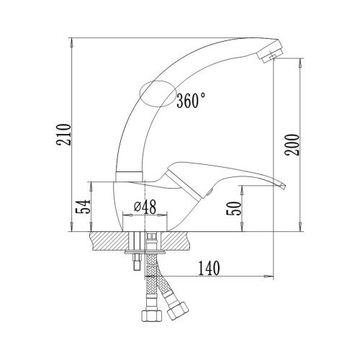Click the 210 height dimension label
(64, 135)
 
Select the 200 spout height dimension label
(292, 145)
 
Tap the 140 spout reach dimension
(209, 268)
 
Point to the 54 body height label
(83, 206)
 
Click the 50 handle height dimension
(233, 208)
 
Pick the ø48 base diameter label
(145, 207)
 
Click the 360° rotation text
(191, 100)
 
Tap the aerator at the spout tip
(270, 52)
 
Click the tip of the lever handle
(283, 186)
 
